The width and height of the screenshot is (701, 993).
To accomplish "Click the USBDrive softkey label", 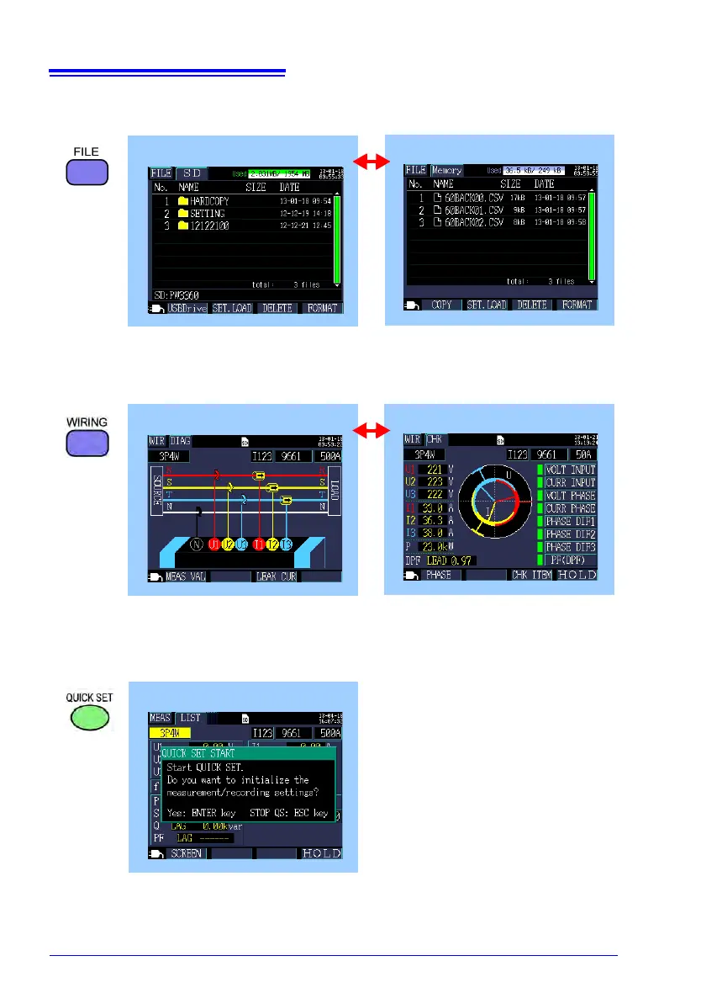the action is (186, 308).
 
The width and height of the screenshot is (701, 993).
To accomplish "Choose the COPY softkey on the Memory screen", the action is (442, 305).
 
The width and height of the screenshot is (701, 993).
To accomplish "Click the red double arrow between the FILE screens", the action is (371, 161).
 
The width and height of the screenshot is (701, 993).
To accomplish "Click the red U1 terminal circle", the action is (214, 544).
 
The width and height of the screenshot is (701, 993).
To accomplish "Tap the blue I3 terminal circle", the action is (286, 544).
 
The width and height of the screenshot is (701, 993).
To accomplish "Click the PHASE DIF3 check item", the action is (571, 547).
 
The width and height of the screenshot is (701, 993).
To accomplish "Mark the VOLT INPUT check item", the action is (571, 470).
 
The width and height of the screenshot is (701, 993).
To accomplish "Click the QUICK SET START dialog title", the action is (199, 753).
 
